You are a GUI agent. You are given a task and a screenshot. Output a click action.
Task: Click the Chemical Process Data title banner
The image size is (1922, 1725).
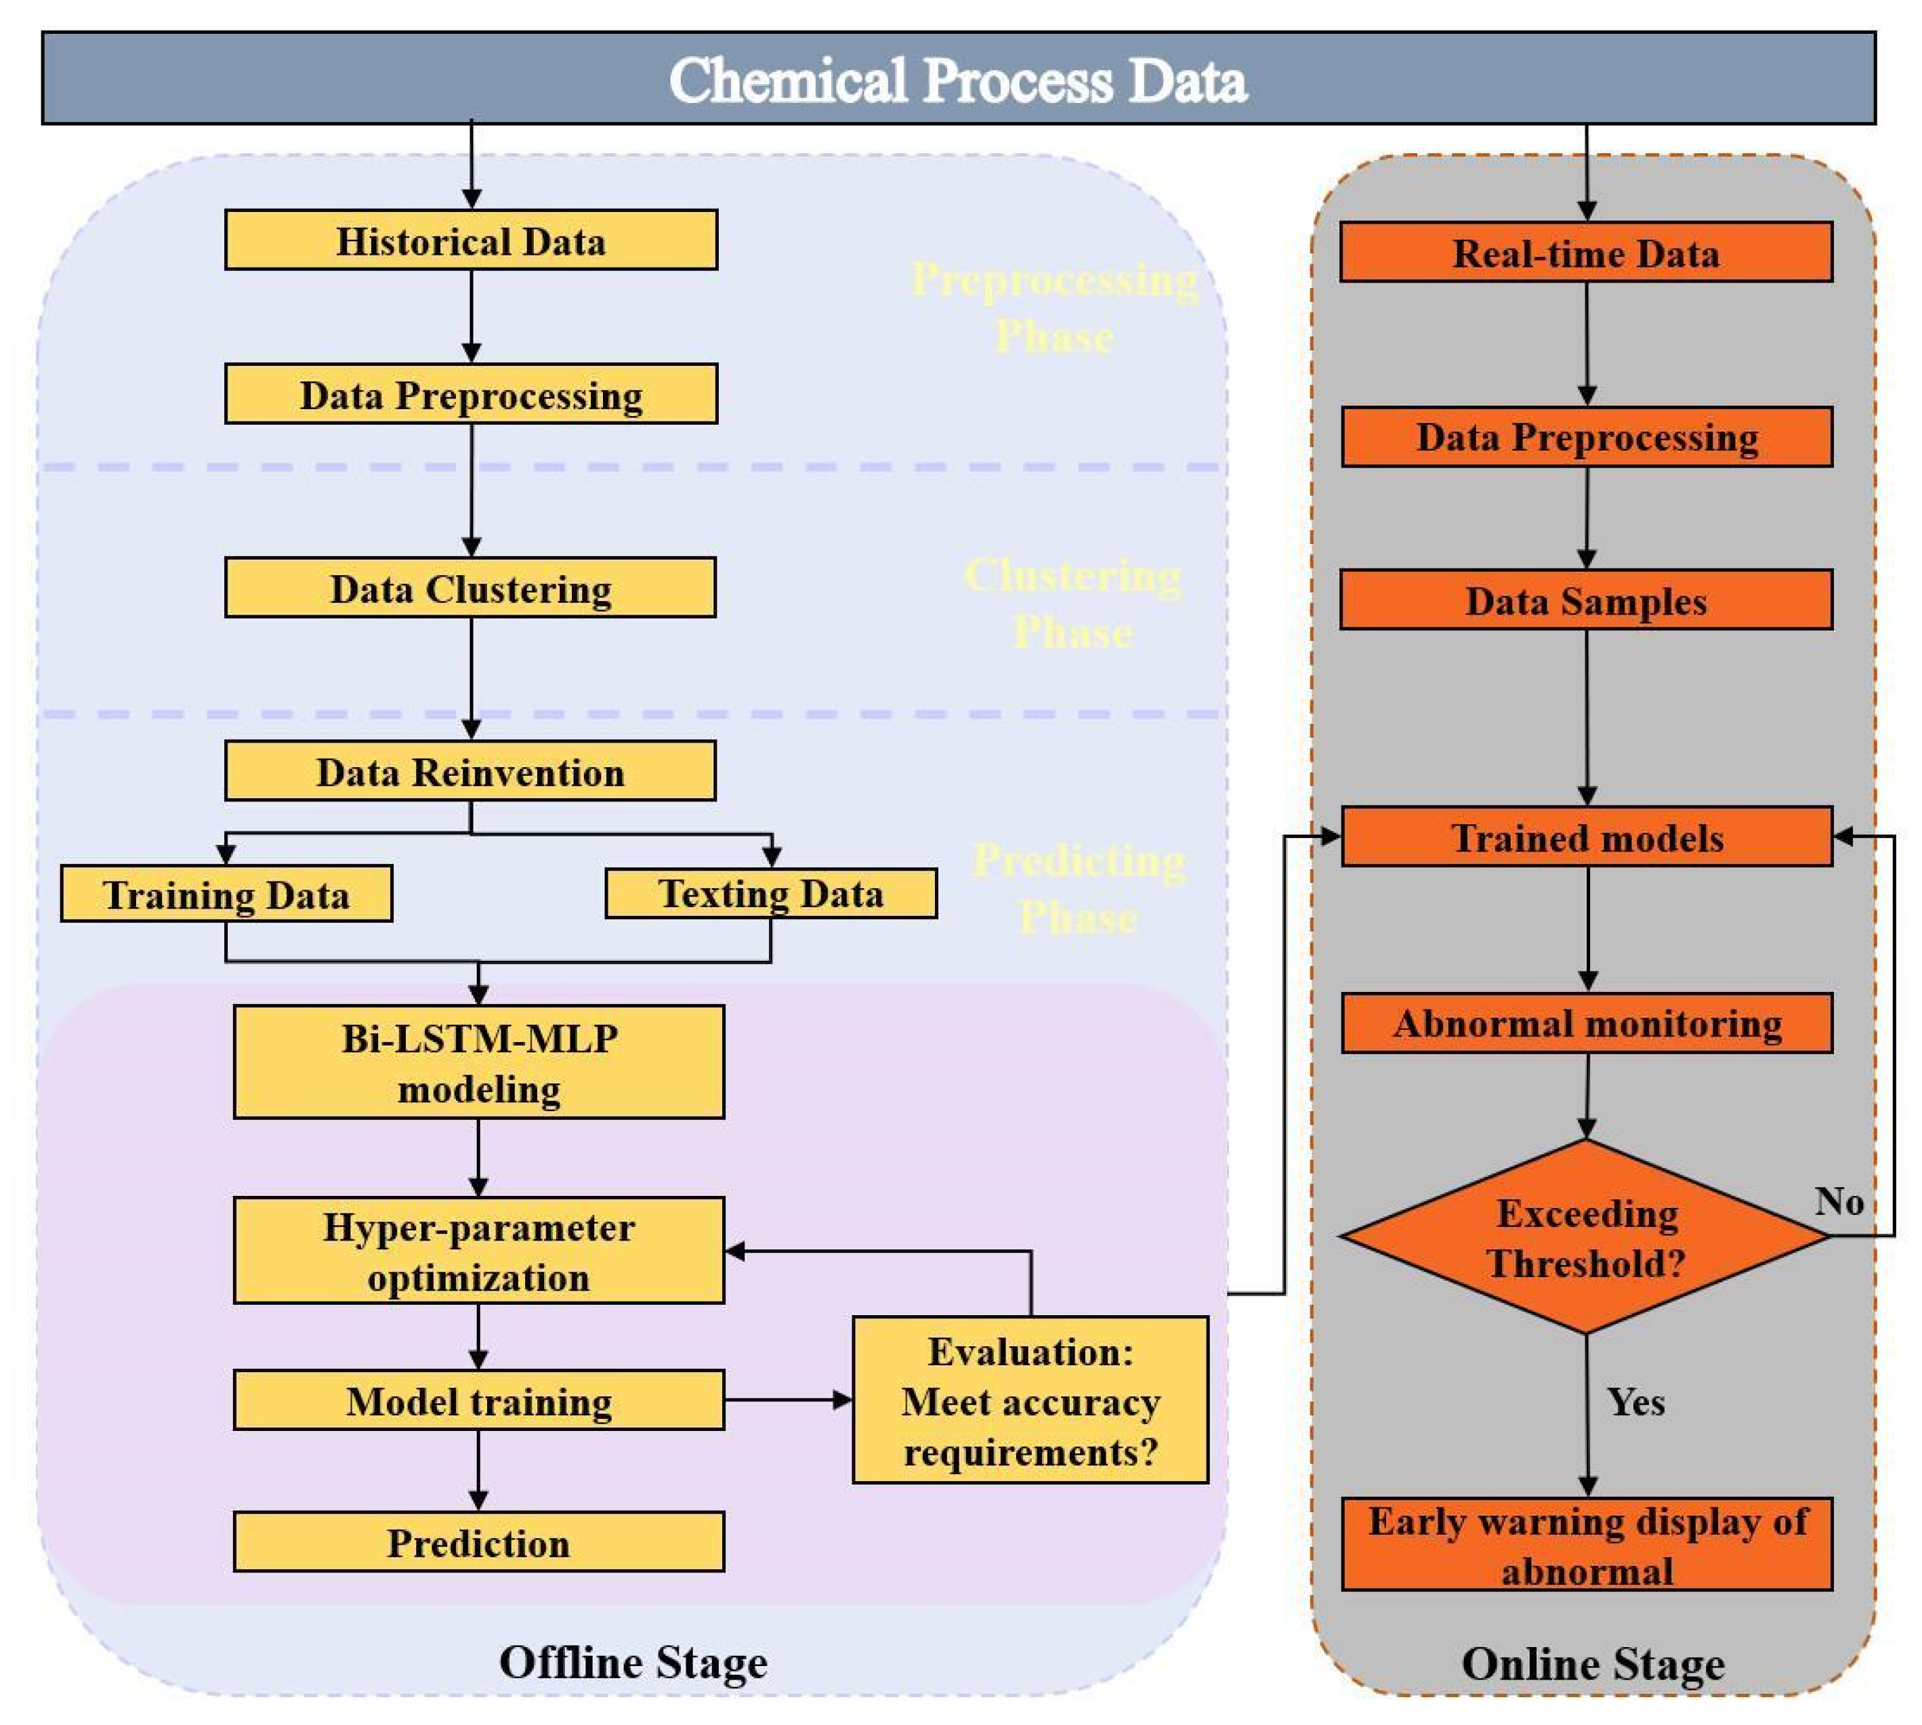click(957, 79)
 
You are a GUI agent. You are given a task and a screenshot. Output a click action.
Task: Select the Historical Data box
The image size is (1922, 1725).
click(471, 241)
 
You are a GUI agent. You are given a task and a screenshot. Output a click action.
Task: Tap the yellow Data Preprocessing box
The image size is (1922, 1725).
click(471, 394)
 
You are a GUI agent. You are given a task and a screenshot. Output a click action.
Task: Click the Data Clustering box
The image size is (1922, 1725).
click(471, 589)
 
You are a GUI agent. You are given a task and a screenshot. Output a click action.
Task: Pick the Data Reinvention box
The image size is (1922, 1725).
click(471, 772)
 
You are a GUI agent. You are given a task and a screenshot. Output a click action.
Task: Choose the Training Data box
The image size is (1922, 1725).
click(226, 894)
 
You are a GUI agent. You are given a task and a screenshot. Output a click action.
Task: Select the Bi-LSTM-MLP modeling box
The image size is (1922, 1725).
click(478, 1062)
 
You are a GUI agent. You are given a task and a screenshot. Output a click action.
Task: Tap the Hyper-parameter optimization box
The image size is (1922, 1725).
click(478, 1251)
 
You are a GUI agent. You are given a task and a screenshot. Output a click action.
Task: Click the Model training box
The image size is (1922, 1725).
click(478, 1401)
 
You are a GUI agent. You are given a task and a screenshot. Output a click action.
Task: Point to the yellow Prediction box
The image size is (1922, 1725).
click(478, 1542)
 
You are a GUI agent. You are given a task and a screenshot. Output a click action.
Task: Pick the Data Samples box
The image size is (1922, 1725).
click(1585, 600)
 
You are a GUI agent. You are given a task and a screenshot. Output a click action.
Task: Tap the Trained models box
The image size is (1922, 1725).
click(1587, 837)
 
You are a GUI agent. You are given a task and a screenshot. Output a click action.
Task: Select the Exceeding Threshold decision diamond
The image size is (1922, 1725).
click(1585, 1237)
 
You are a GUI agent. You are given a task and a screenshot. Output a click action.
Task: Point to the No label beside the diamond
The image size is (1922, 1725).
click(1839, 1202)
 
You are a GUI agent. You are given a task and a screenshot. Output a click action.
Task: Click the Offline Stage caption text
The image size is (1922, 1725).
click(633, 1663)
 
